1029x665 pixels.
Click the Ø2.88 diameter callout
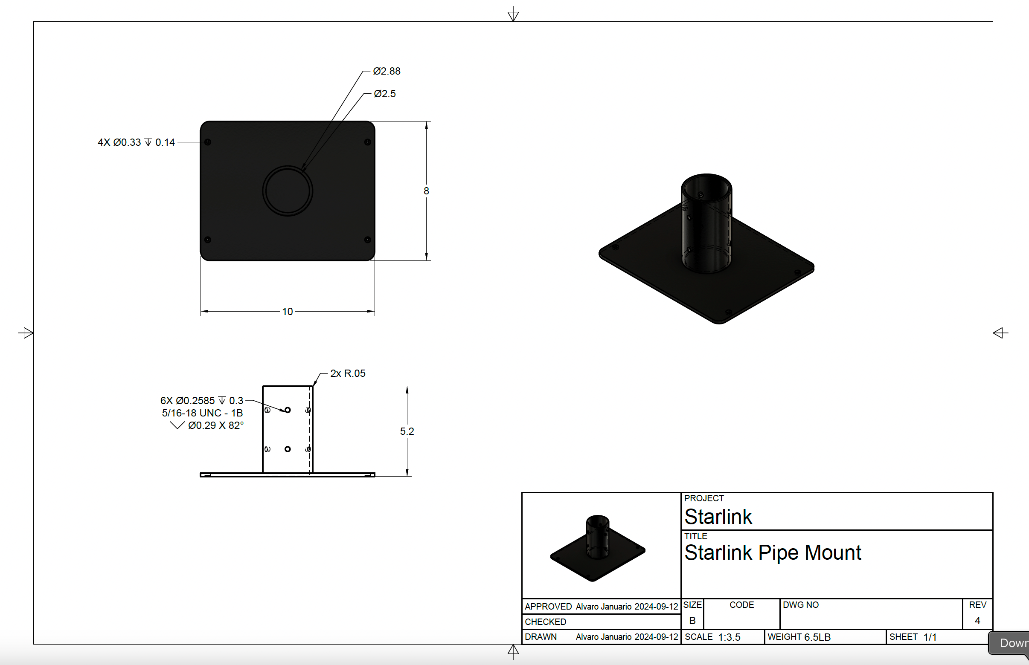387,71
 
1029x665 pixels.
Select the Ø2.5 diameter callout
384,94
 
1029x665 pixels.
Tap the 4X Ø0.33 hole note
136,142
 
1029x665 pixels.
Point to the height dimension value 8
426,191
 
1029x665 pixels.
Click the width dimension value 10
288,311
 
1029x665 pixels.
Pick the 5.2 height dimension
407,431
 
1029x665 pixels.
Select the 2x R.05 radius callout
347,373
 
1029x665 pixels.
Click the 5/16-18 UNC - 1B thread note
202,413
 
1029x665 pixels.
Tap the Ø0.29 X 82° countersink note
215,425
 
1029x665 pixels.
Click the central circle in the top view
288,191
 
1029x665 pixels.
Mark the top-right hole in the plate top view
367,142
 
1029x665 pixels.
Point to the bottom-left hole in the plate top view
207,240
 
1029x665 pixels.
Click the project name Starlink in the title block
718,517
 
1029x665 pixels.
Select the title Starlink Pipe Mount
772,553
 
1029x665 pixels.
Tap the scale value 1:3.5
729,637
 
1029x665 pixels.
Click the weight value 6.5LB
817,637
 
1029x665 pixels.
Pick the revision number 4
977,621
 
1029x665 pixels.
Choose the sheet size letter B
692,621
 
